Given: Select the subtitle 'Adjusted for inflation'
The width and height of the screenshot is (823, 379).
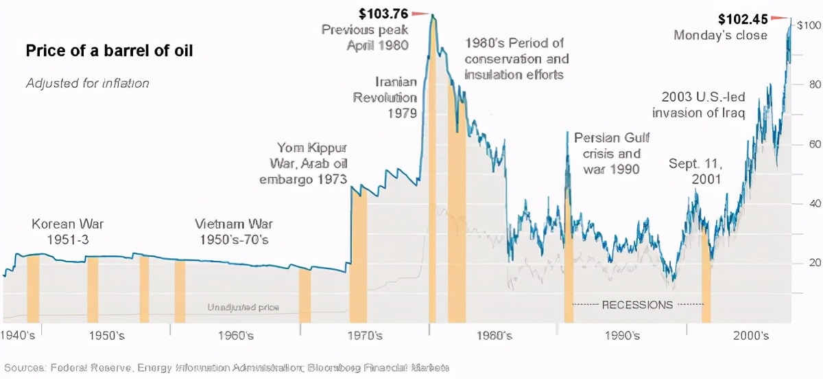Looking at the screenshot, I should tap(87, 84).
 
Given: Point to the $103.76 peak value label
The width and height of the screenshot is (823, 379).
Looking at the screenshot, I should tap(383, 12).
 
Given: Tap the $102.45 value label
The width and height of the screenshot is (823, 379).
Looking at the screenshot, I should tap(743, 19).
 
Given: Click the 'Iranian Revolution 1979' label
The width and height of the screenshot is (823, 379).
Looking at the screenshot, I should tap(385, 97).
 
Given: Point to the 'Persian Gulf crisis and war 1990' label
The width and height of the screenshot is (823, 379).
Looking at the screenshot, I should tap(607, 152).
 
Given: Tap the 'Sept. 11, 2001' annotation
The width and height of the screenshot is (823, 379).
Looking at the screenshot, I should tap(695, 172).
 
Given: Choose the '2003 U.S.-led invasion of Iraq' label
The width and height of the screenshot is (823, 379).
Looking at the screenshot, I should tap(702, 105).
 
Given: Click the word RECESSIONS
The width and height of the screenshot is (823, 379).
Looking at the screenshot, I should tap(637, 304).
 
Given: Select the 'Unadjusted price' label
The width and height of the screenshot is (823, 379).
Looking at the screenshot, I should tap(243, 308).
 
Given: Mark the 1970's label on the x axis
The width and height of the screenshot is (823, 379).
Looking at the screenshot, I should tap(365, 336).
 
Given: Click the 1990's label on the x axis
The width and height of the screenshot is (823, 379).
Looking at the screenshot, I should tap(622, 336).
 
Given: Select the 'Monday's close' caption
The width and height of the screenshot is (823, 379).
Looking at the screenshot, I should tap(720, 36).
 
